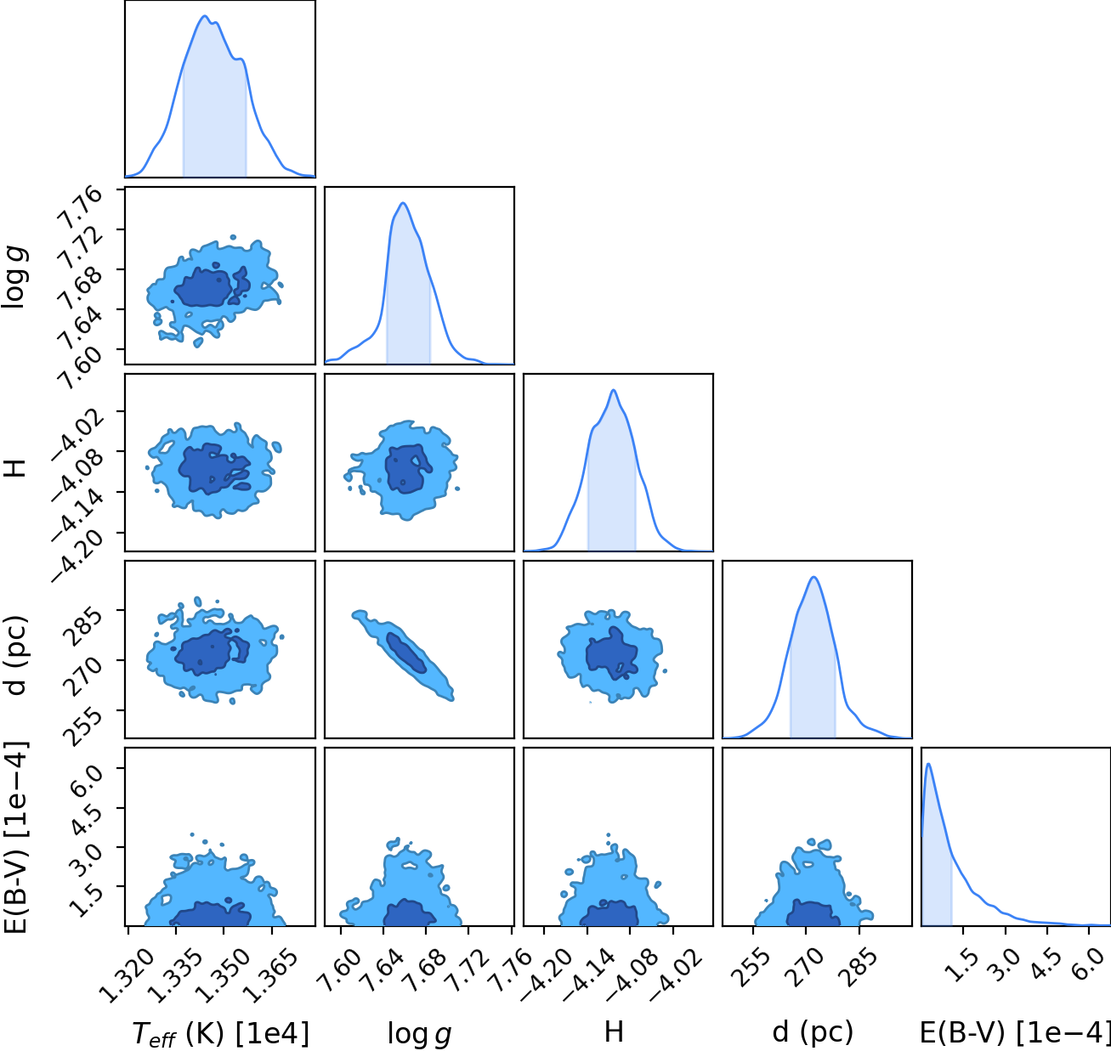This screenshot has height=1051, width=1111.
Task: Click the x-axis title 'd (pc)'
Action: pyautogui.click(x=813, y=1031)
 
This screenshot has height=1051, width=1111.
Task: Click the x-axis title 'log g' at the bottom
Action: pyautogui.click(x=419, y=1034)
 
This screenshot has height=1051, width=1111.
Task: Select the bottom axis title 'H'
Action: pyautogui.click(x=614, y=1031)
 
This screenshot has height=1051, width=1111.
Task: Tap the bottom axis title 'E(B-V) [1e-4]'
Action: pyautogui.click(x=1015, y=1031)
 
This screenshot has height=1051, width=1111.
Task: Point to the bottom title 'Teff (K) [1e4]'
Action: pyautogui.click(x=220, y=1033)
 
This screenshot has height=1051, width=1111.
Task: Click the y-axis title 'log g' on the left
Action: pyautogui.click(x=14, y=278)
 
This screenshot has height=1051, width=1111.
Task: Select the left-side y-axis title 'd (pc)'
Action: pyautogui.click(x=14, y=654)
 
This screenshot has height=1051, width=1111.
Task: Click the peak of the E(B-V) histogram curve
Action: pyautogui.click(x=928, y=764)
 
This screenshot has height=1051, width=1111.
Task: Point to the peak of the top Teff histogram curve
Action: pyautogui.click(x=205, y=16)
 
